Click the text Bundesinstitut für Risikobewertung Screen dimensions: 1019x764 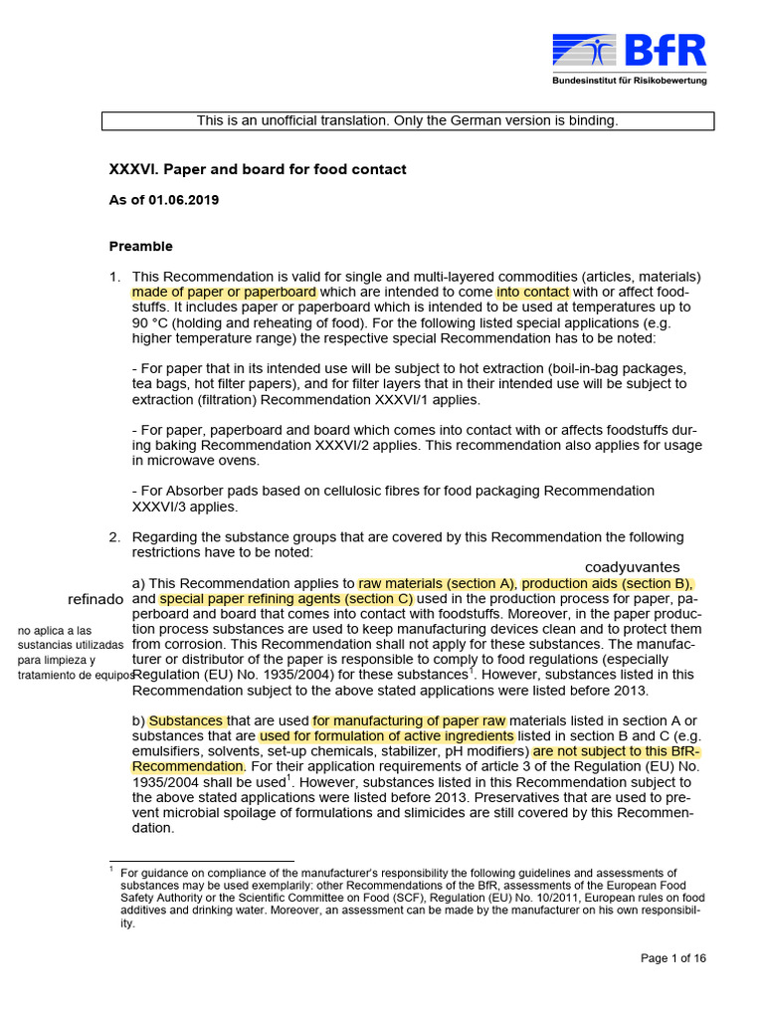point(630,81)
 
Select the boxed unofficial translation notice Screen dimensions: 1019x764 point(408,120)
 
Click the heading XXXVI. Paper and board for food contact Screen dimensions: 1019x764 point(257,169)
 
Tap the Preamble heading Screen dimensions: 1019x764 point(140,246)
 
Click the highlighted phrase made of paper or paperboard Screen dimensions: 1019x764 point(224,292)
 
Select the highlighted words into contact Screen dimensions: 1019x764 point(533,292)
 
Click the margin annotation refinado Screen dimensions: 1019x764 point(95,599)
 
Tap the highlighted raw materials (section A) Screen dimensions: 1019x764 point(437,583)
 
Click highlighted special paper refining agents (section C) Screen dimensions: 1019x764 point(286,599)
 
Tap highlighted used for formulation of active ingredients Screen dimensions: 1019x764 point(387,735)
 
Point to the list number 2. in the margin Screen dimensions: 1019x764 point(115,537)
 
